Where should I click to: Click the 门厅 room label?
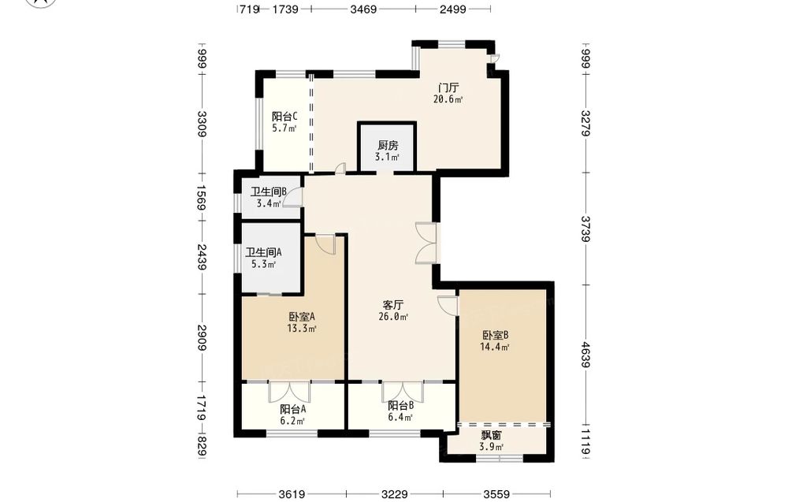[448, 88]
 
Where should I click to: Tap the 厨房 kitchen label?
[388, 146]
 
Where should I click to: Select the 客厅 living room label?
[393, 305]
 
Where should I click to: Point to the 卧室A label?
[302, 317]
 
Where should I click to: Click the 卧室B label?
[496, 335]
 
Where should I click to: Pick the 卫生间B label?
[269, 192]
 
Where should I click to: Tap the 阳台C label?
[284, 116]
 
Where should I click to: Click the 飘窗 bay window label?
[491, 435]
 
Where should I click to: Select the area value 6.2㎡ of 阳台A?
[292, 421]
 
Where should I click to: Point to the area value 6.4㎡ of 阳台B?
[400, 418]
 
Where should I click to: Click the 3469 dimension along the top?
[363, 9]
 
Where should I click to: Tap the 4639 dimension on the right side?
[585, 355]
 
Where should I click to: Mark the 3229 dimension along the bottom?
[395, 494]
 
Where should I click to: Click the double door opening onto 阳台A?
[289, 392]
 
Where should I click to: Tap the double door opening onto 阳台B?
[403, 392]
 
